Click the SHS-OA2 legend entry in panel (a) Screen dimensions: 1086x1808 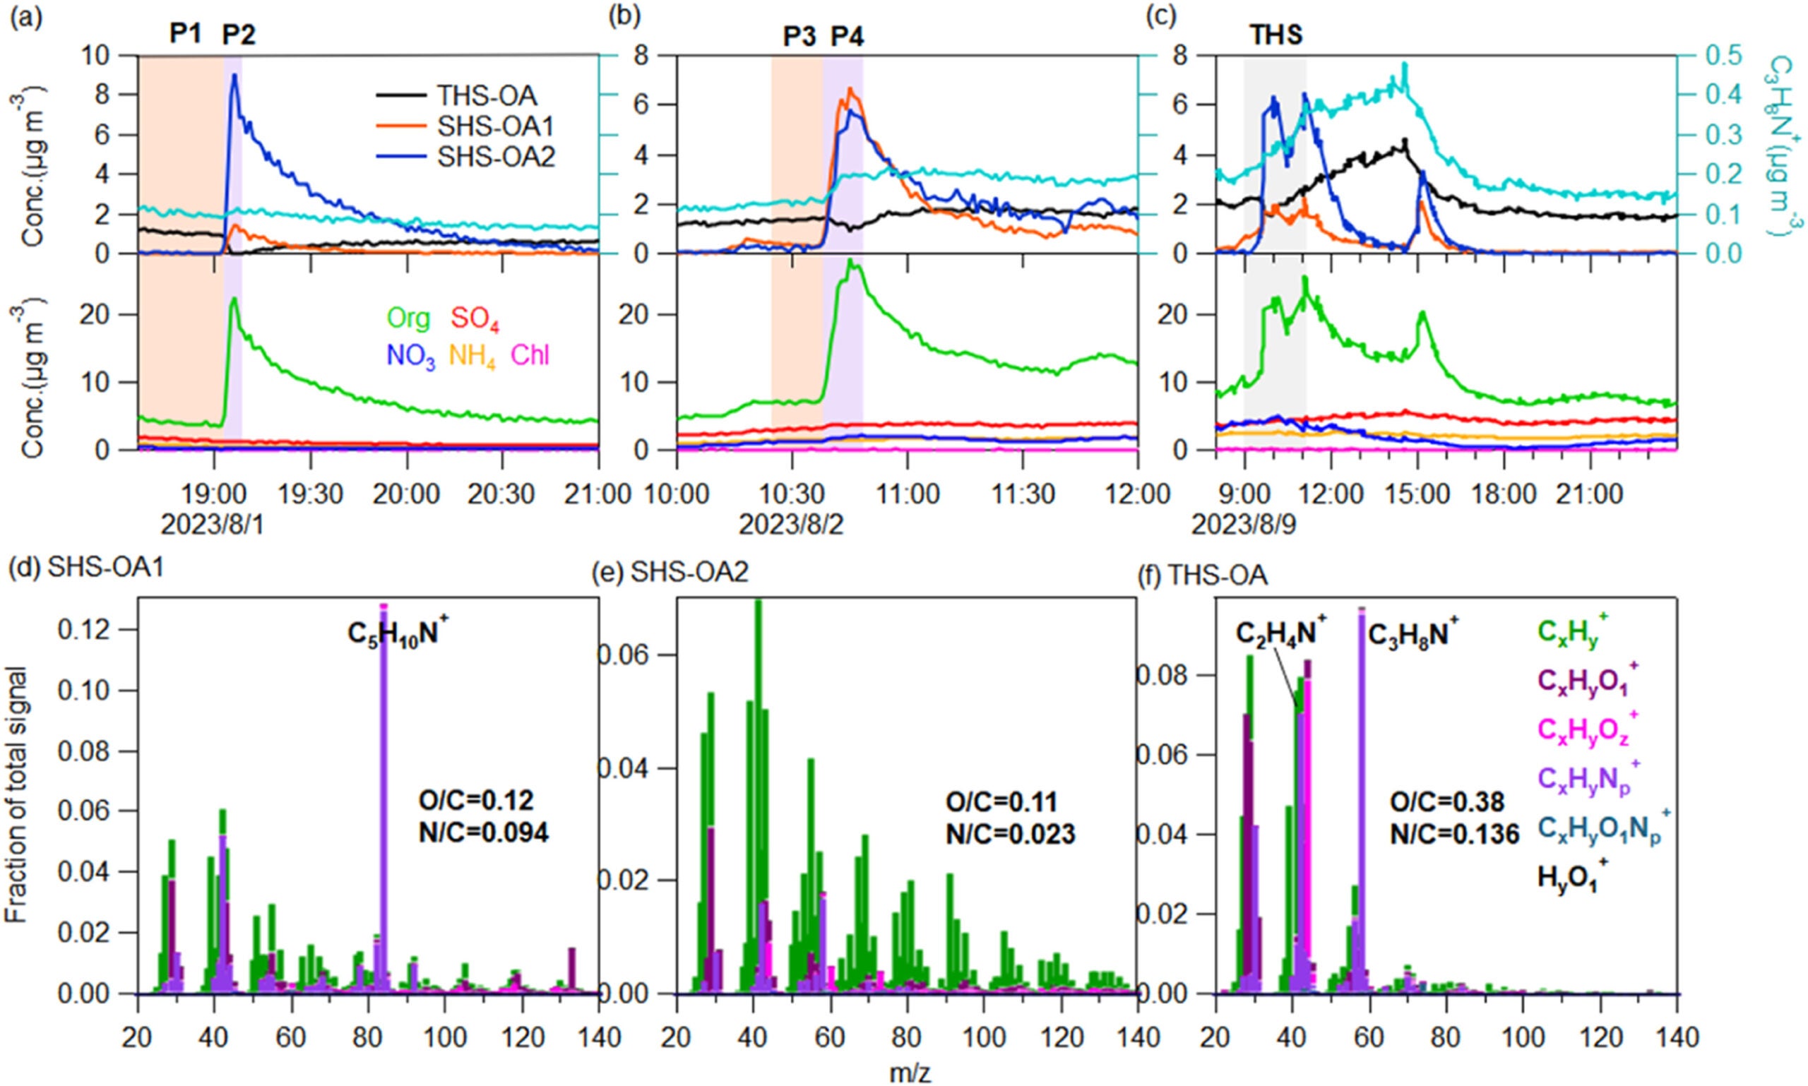coord(494,157)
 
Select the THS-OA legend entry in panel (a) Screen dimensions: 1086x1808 coord(486,96)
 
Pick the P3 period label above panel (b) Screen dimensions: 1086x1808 coord(799,36)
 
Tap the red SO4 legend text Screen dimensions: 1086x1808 coord(475,319)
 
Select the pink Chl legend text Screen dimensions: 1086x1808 coord(530,356)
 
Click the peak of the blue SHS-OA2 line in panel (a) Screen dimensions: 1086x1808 coord(234,76)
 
